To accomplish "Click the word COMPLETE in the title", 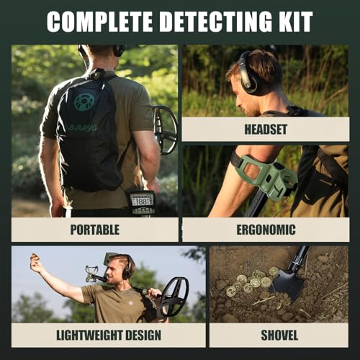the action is [x=99, y=22].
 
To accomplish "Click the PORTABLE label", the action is [x=95, y=230].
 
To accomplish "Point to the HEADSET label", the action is [x=266, y=130].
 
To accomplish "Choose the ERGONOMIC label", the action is [x=266, y=230].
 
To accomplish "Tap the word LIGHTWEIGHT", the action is [x=89, y=335].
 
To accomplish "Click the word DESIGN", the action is [x=143, y=335].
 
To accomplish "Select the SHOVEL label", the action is [x=279, y=335].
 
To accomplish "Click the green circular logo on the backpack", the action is [x=84, y=102].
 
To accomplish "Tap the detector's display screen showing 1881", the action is [x=141, y=201].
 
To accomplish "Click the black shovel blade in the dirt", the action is [x=288, y=284].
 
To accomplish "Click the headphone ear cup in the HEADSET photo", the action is [x=248, y=81].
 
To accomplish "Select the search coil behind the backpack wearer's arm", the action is [x=166, y=130].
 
